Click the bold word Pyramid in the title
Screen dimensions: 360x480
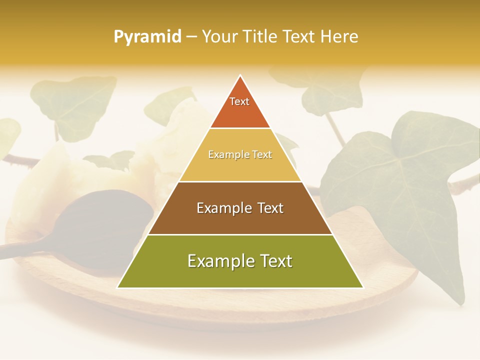pos(147,37)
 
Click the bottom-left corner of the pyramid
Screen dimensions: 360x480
pos(118,287)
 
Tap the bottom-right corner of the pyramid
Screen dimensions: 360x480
pos(362,287)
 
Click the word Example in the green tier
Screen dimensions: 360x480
pos(217,261)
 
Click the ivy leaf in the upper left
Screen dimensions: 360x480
pos(75,102)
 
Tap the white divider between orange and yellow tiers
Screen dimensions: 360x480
pos(240,128)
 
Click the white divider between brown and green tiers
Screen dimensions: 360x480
pos(240,234)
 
